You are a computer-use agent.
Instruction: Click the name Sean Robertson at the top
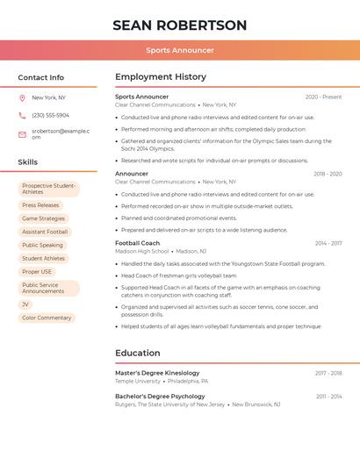coord(180,25)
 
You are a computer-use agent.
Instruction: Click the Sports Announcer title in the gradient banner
coord(180,51)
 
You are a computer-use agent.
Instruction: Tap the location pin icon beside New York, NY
coord(22,97)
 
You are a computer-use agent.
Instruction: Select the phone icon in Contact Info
coord(22,115)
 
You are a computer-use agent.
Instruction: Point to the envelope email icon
coord(22,134)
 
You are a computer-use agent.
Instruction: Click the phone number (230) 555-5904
coord(50,115)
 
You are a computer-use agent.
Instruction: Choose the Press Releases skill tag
coord(40,205)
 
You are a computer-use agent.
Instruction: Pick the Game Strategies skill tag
coord(43,218)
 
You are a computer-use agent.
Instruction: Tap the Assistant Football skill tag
coord(45,232)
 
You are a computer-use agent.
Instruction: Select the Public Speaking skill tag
coord(42,246)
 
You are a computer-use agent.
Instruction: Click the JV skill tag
coord(25,304)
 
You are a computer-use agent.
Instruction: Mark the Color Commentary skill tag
coord(47,318)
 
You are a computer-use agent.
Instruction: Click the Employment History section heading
coord(161,77)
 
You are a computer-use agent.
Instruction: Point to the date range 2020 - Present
coord(323,97)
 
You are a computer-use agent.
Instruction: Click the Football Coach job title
coord(137,243)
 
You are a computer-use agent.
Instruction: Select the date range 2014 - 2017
coord(328,243)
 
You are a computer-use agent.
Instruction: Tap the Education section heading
coord(138,354)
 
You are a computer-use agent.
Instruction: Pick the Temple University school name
coord(138,382)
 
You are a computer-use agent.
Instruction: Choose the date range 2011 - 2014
coord(328,397)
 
